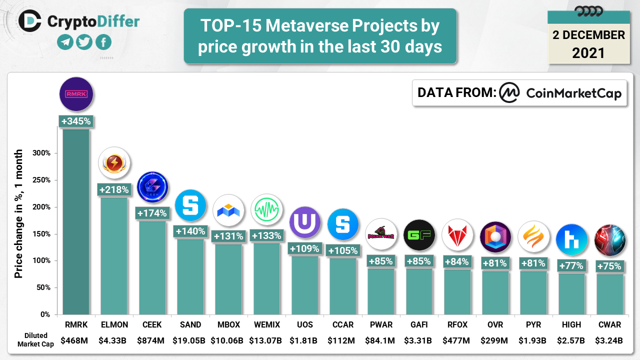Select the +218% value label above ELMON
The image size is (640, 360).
(x=114, y=190)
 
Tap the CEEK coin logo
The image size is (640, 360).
(x=152, y=187)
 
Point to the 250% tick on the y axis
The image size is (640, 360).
(x=42, y=180)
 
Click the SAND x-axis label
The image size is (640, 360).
(x=190, y=324)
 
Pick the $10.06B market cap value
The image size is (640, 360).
(x=228, y=341)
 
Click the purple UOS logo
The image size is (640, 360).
(x=305, y=222)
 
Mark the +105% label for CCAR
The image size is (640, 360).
(x=343, y=250)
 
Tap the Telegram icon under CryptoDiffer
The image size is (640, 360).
(x=65, y=42)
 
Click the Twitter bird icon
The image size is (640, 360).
(x=84, y=42)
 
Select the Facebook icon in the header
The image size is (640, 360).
(x=103, y=42)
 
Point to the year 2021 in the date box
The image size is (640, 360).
(x=588, y=52)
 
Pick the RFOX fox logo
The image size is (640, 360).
(x=457, y=235)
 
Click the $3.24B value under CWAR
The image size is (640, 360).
(x=609, y=341)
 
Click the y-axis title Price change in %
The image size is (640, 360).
(x=18, y=213)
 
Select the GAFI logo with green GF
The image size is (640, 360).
(x=419, y=235)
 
